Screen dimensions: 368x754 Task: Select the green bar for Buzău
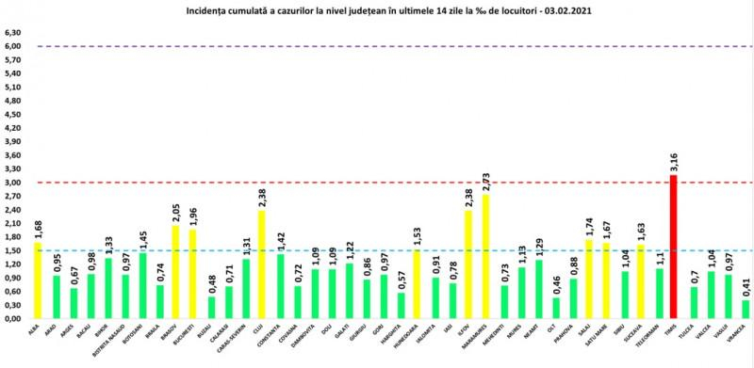211,307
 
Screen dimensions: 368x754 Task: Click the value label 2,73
486,180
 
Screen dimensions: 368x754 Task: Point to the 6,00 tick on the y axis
13,46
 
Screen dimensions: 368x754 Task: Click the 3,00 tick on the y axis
13,183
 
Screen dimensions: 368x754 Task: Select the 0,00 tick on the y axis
13,318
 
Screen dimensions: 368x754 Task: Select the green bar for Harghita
401,305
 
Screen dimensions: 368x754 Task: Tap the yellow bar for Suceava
641,281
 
